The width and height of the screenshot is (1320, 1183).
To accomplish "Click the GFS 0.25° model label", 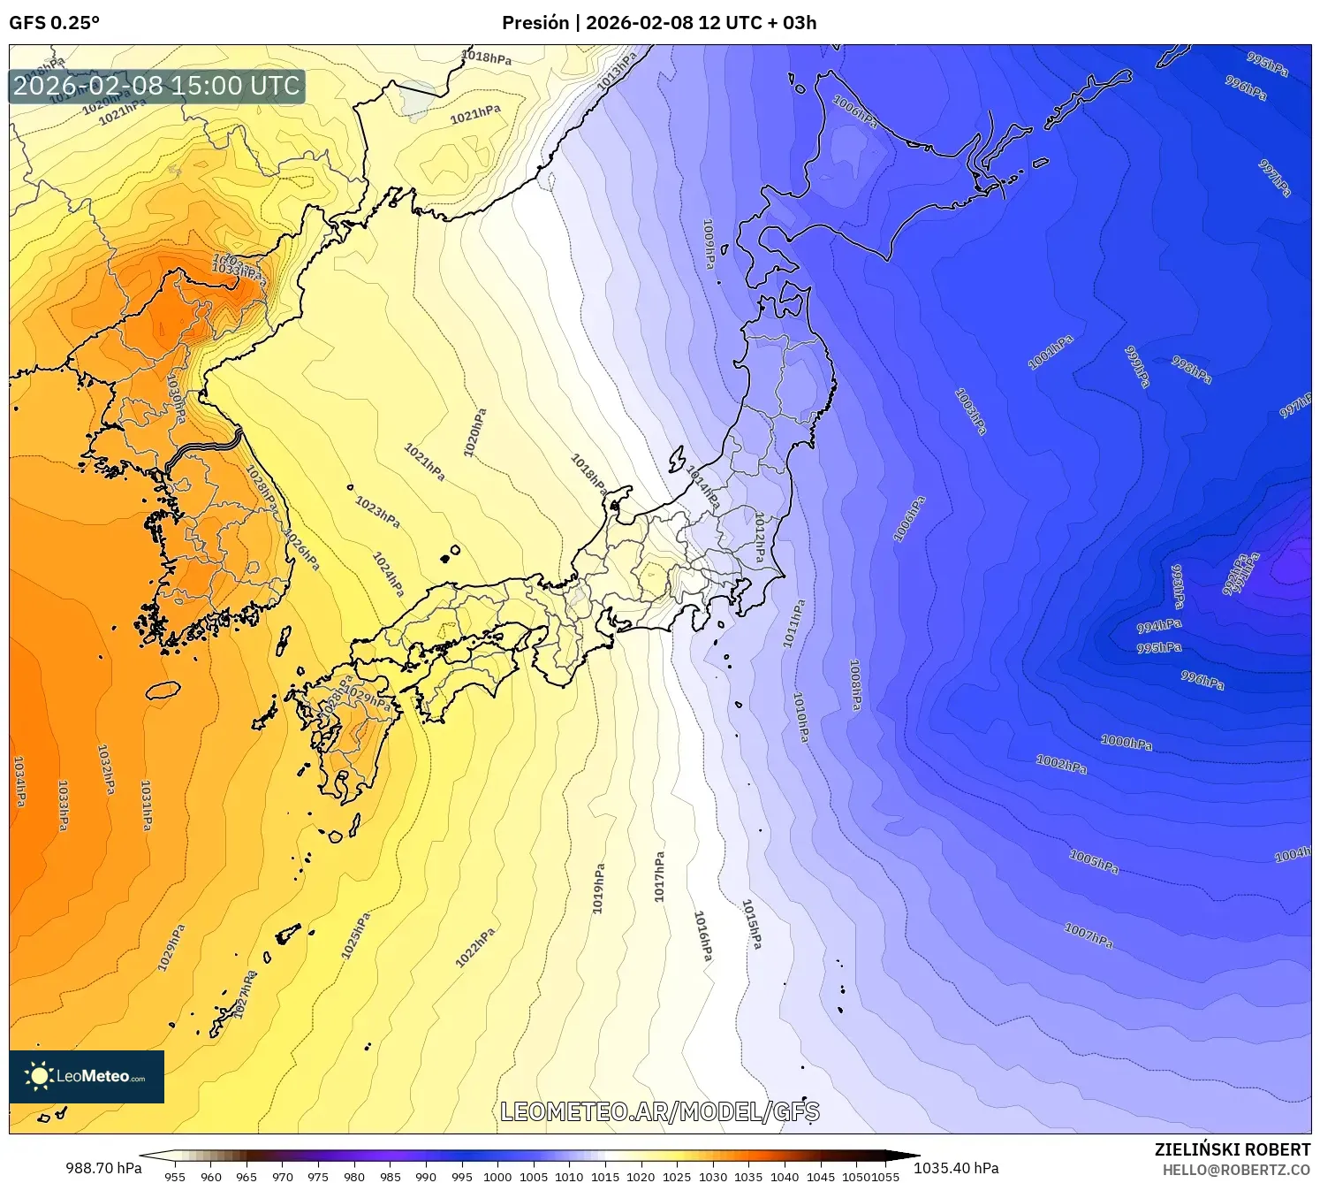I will click(54, 23).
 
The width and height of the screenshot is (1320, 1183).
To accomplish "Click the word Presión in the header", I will click(535, 23).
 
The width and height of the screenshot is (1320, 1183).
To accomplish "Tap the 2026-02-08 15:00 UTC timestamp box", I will click(156, 86).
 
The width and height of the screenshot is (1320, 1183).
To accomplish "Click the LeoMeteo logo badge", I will click(87, 1076).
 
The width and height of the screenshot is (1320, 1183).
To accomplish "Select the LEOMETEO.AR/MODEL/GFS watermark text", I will click(659, 1111).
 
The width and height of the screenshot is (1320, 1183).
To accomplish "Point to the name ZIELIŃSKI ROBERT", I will click(1233, 1149).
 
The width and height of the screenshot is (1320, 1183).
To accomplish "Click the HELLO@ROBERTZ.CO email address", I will click(1236, 1170).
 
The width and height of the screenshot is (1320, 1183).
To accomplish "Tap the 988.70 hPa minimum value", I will click(103, 1168).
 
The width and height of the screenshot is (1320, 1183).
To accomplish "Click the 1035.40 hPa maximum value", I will click(956, 1168).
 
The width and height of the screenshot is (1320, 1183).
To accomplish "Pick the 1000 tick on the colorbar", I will click(497, 1176).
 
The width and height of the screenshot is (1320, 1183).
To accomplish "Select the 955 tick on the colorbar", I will click(175, 1176).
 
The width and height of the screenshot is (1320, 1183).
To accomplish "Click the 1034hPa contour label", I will click(19, 781).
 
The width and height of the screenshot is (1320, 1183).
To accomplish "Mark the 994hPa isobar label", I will click(1158, 626).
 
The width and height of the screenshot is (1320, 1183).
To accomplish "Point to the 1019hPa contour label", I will click(599, 889).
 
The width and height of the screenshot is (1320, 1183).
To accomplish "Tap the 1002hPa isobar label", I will click(1061, 765).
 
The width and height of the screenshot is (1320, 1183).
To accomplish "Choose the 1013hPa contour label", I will click(618, 72).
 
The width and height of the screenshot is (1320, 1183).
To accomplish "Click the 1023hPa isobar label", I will click(377, 512).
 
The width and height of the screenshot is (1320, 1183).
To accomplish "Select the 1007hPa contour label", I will click(1089, 936).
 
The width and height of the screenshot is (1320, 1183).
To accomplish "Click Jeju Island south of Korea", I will click(163, 691).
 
